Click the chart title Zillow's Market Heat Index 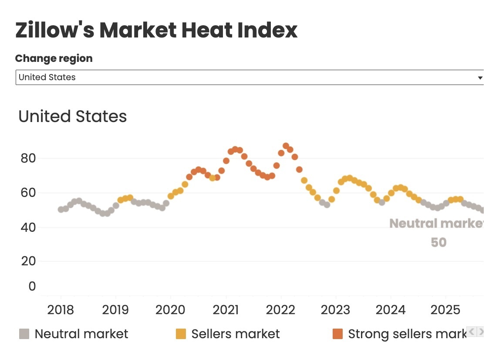(x=156, y=30)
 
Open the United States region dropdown (x=249, y=78)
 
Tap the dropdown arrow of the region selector (x=480, y=78)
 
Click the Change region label (x=54, y=58)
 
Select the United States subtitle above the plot (x=73, y=116)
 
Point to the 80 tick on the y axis (x=28, y=158)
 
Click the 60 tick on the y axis (x=28, y=192)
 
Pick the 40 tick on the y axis (x=28, y=227)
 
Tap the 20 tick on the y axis (x=28, y=261)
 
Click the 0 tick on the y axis (x=32, y=286)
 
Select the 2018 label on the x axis (x=61, y=310)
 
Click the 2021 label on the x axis (x=226, y=310)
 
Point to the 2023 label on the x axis (x=335, y=310)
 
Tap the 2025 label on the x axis (x=445, y=310)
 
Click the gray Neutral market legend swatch (x=24, y=334)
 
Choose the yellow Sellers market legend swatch (x=181, y=334)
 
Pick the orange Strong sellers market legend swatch (x=337, y=334)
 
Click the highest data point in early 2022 (x=286, y=146)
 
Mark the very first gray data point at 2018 (x=61, y=210)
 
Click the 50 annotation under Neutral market (x=439, y=242)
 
